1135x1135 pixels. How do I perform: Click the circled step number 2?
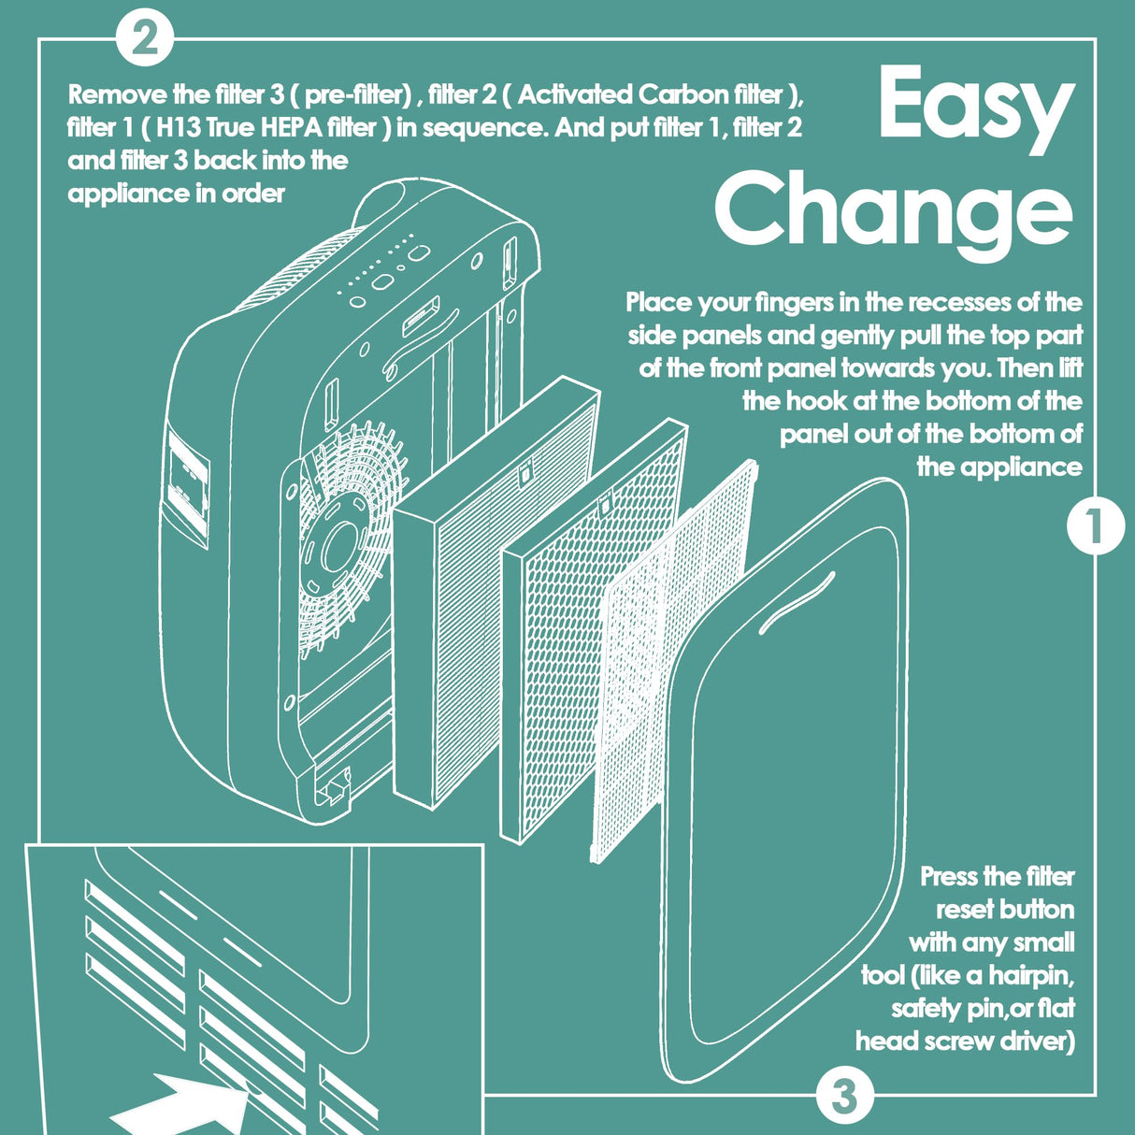pos(144,39)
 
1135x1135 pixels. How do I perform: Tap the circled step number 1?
pos(1095,526)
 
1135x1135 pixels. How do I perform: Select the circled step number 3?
pos(844,1097)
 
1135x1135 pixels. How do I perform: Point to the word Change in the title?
pos(894,216)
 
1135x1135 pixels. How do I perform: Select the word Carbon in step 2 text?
pos(682,94)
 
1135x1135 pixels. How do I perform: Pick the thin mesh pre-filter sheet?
pos(673,661)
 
